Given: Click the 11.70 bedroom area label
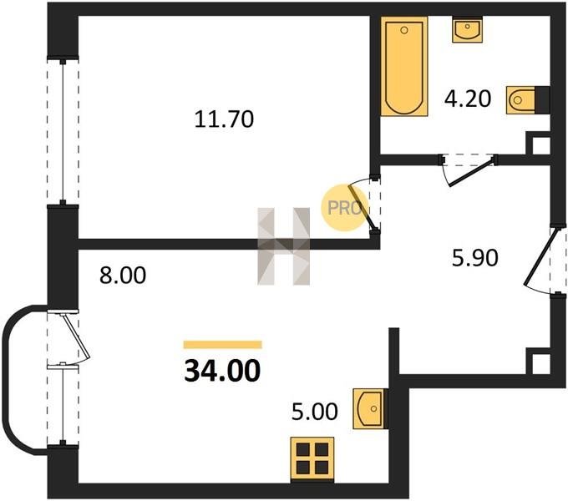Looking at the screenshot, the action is [224, 119].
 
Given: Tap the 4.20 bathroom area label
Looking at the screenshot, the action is [468, 99].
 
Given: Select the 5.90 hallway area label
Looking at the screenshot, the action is [475, 258].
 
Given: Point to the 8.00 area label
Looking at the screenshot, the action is [123, 275].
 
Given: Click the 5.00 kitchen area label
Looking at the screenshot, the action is [315, 412].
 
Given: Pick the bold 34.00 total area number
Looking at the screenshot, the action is [222, 371].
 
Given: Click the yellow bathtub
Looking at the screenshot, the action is [404, 66].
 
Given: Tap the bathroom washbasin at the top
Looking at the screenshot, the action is [467, 30].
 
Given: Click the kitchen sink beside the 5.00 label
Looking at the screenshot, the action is [369, 408].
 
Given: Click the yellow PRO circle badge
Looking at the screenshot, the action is [344, 207].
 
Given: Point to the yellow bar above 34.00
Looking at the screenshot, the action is [222, 345].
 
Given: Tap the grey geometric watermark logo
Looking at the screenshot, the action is [284, 246].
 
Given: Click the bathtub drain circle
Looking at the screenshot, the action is [404, 30].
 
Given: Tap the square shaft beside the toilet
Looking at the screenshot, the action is [538, 144].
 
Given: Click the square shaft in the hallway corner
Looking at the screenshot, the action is [538, 361].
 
